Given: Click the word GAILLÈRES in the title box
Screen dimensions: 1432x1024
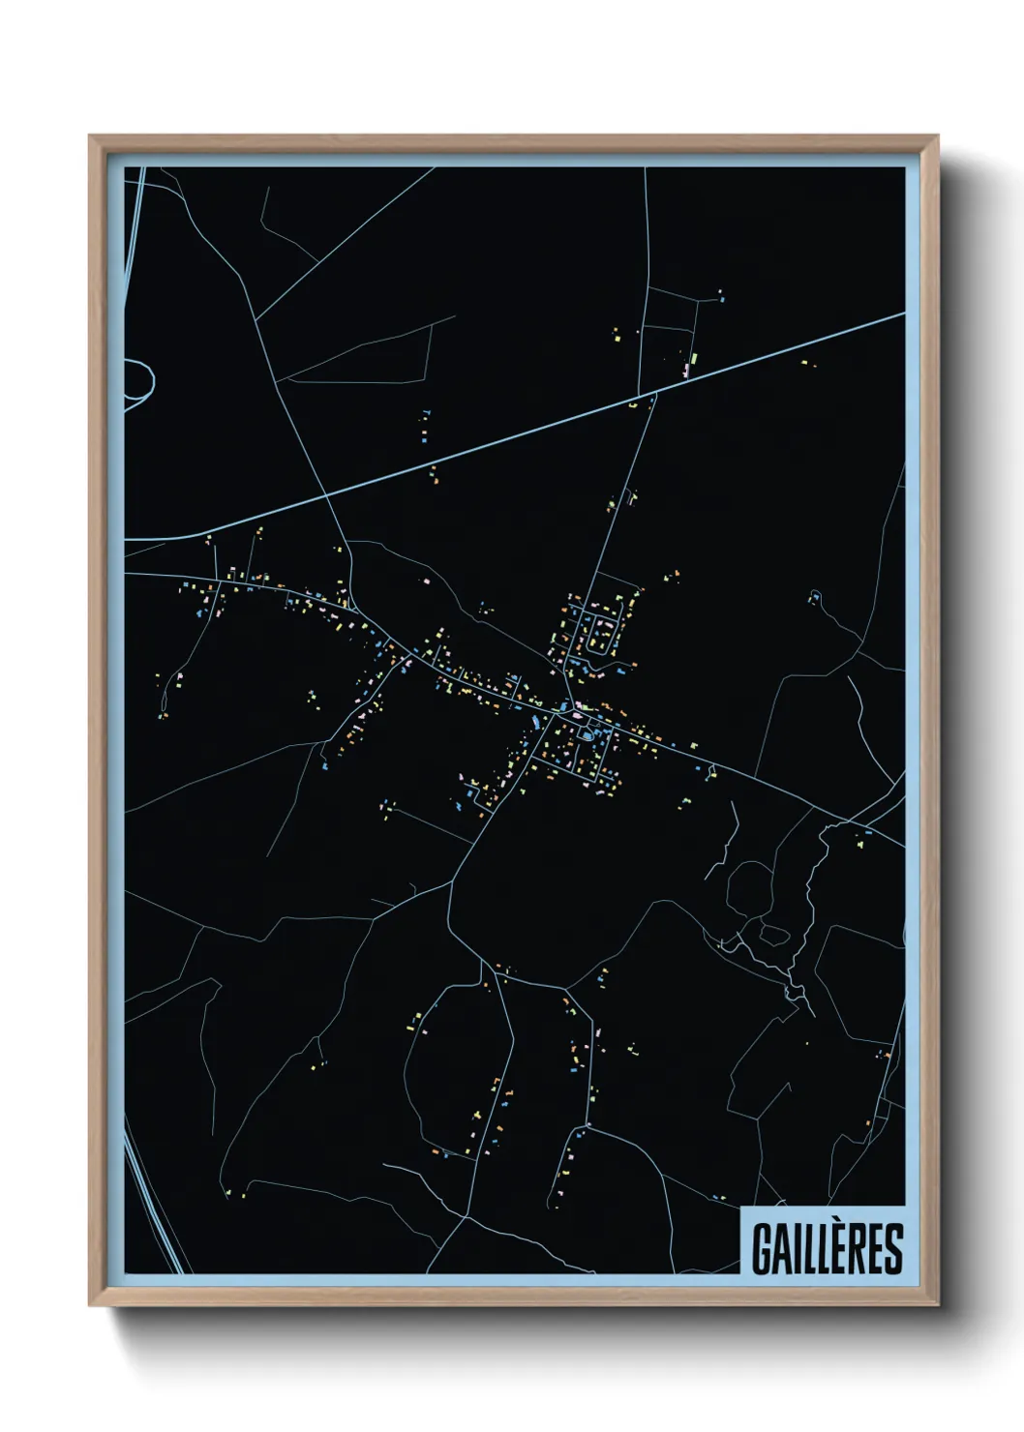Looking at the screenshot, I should click(826, 1248).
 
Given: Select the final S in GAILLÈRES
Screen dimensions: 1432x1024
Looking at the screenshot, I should click(893, 1249).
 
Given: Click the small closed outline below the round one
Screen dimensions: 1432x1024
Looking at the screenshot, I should click(774, 935).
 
